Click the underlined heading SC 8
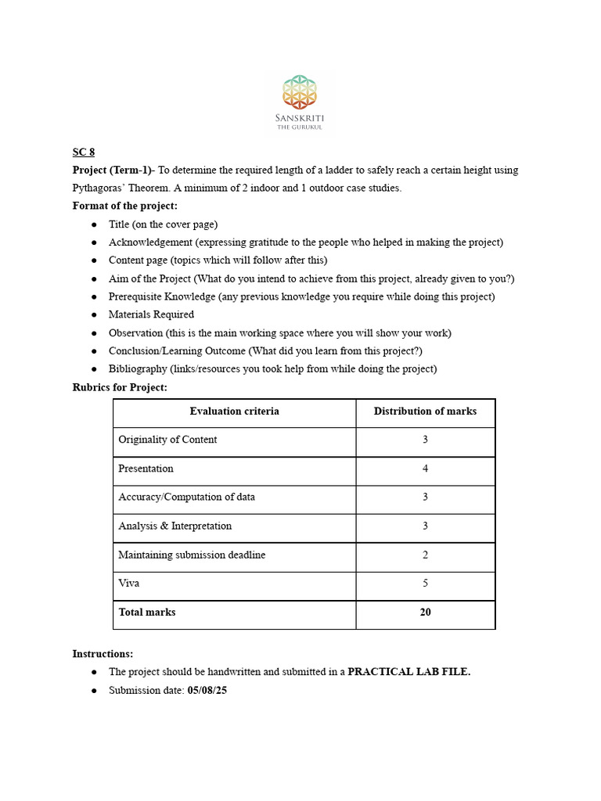coord(84,153)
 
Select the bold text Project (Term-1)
coord(112,171)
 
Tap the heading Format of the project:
coord(125,207)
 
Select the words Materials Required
coord(151,314)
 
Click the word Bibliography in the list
coord(138,368)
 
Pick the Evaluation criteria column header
coord(234,411)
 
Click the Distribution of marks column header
coord(425,411)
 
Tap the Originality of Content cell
coord(167,440)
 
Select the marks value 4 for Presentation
coord(425,469)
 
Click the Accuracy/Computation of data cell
coord(186,497)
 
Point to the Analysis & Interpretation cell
coord(175,526)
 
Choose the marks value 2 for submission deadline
coord(425,555)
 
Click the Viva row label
coord(129,584)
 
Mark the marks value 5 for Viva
coord(425,584)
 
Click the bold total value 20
coord(425,612)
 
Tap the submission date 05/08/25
coord(208,691)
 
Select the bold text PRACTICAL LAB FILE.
coord(408,672)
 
